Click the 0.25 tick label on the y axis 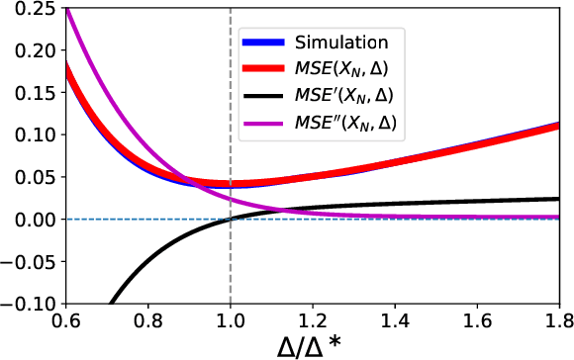(x=29, y=9)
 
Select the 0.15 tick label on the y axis (x=29, y=93)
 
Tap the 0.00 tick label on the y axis (x=29, y=219)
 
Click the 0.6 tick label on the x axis (x=66, y=320)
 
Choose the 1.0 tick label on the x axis (x=231, y=320)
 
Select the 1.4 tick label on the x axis (x=396, y=320)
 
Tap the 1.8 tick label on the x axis (x=560, y=320)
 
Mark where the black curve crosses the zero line (x=231, y=219)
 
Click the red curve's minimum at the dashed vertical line (x=231, y=184)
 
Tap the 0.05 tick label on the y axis (x=29, y=177)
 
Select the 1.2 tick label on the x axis (x=313, y=320)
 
